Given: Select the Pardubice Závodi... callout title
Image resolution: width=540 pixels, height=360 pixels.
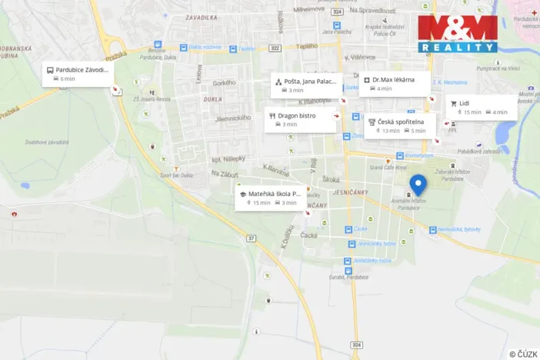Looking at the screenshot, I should point(82,69).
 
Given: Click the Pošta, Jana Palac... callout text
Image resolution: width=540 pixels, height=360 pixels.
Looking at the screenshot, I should point(311,81).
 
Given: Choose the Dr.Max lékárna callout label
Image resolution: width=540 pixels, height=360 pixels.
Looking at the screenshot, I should point(393,79).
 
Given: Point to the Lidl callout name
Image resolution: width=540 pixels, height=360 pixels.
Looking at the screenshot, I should point(464,103).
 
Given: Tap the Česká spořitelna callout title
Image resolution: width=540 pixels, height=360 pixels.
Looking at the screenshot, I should point(406,122).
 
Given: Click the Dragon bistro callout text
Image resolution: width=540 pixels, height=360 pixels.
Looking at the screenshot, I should point(297,115).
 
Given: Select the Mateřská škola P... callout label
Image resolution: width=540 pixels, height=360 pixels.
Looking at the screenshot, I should point(274,194).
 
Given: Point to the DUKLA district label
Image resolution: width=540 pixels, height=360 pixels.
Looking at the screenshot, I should point(213,99).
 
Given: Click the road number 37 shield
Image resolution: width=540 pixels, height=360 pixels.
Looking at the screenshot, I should point(251,238).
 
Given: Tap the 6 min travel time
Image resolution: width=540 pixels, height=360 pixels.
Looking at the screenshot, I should point(68,79).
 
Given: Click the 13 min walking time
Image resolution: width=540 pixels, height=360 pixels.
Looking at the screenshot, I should point(391,131).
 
